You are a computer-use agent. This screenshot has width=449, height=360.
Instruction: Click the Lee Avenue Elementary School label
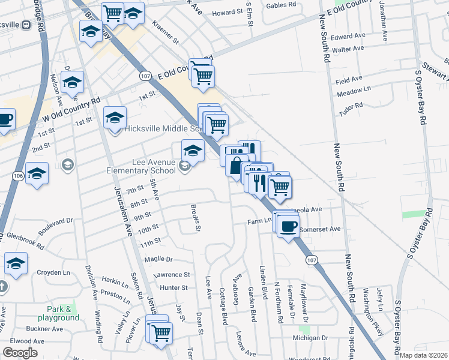click(154, 166)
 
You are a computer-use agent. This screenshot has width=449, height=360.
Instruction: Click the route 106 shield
click(17, 175)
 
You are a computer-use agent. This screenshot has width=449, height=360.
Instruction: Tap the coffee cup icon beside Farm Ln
click(289, 226)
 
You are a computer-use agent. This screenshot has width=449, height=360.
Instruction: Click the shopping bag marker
click(237, 165)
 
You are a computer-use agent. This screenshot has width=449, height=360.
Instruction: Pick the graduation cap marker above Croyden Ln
click(16, 263)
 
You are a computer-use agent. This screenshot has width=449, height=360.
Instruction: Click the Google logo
click(20, 353)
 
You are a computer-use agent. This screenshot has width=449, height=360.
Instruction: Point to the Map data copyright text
click(424, 355)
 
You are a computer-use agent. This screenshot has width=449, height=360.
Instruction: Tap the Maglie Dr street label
click(158, 260)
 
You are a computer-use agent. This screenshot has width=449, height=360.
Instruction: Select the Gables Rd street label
click(282, 5)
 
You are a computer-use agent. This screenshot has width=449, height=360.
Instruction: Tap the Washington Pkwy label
click(373, 319)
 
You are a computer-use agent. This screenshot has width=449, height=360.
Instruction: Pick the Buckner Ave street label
click(44, 329)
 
